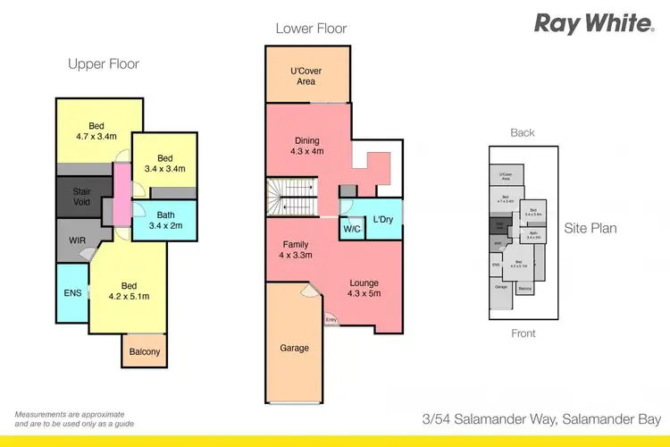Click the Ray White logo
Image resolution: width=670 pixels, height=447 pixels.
point(594,23)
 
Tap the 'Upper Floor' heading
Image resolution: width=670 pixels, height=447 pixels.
point(104,64)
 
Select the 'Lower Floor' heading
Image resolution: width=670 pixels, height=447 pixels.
point(311,29)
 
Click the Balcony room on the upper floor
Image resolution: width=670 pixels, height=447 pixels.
point(144,351)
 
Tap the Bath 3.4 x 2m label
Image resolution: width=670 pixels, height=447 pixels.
point(163,220)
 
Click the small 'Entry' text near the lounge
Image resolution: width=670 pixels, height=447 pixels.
point(331,319)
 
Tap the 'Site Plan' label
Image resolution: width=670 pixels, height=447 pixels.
point(590,228)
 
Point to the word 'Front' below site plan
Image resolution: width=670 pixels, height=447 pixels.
point(523,333)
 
